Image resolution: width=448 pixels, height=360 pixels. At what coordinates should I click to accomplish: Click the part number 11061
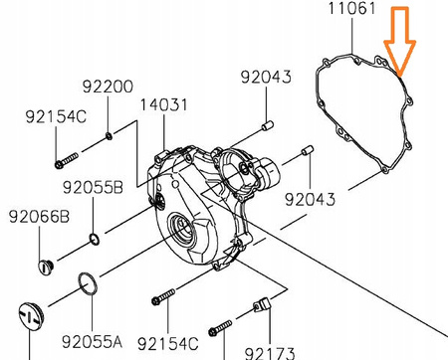click(x=351, y=8)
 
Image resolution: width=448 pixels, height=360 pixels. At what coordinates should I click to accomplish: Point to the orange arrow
click(x=400, y=40)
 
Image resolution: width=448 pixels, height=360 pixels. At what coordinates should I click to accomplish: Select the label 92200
click(x=108, y=87)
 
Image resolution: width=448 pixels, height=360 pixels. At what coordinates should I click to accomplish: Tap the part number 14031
click(x=163, y=104)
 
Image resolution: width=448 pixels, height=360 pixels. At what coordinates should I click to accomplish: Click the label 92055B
click(x=93, y=188)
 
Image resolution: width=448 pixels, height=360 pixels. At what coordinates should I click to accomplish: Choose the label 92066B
click(x=39, y=217)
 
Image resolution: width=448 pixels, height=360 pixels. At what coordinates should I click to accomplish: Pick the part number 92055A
click(x=92, y=342)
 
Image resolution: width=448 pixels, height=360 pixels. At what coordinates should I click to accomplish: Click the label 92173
click(x=270, y=353)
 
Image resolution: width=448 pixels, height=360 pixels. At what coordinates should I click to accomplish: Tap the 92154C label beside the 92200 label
click(x=56, y=116)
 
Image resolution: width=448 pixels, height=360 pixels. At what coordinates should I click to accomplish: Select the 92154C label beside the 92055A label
click(x=168, y=344)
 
